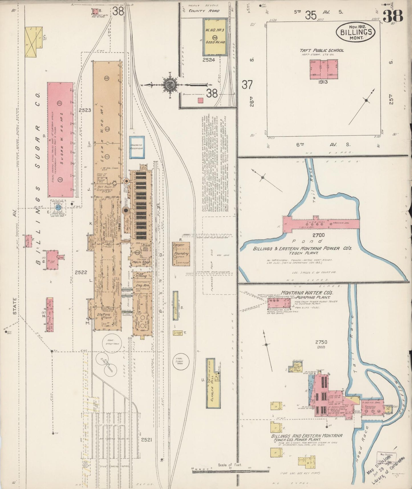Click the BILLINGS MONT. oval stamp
[x=356, y=32]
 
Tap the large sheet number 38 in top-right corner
[x=393, y=16]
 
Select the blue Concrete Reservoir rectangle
[x=137, y=147]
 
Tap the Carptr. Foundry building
[x=181, y=254]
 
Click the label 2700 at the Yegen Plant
[x=318, y=235]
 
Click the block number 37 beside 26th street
[x=247, y=85]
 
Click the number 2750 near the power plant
[x=321, y=342]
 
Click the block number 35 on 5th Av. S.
[x=310, y=15]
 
